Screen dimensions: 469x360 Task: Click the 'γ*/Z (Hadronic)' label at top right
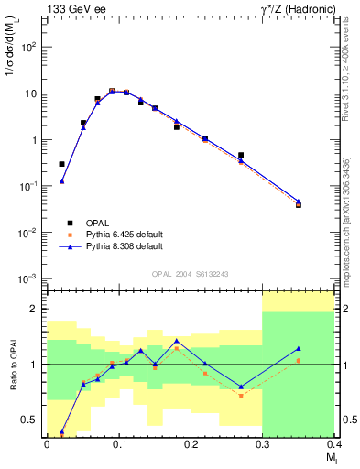coord(290,9)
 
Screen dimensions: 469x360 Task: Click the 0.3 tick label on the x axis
coord(263,444)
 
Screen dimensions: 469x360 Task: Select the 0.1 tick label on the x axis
coord(118,444)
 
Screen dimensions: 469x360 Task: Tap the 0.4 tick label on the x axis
coord(333,444)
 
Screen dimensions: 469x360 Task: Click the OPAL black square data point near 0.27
coord(241,155)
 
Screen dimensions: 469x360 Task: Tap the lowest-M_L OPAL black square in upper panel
coord(61,164)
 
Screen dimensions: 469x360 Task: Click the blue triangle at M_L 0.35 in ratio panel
coord(299,349)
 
